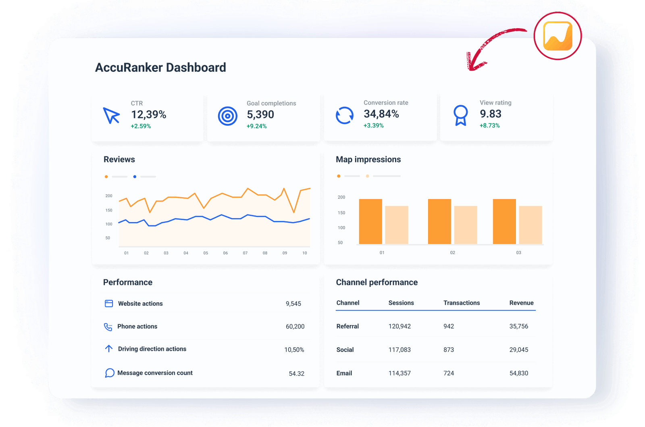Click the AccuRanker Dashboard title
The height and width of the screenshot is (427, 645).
point(160,67)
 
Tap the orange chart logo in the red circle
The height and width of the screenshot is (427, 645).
point(558,36)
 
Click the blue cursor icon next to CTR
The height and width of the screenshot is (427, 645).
point(111,115)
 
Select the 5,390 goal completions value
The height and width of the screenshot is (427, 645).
point(260,115)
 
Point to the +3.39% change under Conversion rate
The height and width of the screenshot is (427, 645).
point(373,125)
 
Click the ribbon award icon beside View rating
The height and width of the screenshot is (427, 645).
point(460,115)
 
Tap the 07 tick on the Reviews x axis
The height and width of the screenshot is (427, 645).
point(245,253)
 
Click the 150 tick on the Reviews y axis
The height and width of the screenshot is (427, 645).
point(109,210)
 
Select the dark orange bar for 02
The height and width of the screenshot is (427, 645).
point(439,221)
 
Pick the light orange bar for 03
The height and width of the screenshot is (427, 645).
point(530,225)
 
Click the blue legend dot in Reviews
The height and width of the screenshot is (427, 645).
point(135,177)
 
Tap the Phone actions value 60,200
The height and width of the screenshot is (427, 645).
point(295,327)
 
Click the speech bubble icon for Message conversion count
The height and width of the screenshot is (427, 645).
point(109,373)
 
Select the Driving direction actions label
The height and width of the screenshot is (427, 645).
point(152,349)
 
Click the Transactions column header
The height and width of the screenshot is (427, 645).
point(462,303)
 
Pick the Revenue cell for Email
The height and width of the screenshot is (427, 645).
point(518,373)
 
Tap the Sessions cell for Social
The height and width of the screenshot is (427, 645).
point(399,350)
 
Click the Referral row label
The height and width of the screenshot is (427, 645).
point(347,326)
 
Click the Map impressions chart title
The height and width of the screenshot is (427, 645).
point(368,159)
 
